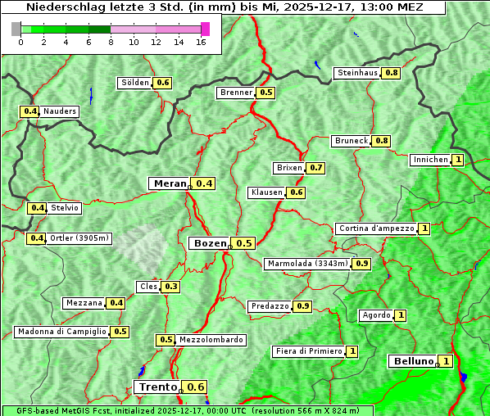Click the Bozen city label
(209, 243)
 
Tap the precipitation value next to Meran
(204, 183)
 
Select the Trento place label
(157, 387)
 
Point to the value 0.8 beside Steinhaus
(392, 73)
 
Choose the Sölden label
(135, 83)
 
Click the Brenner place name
(236, 93)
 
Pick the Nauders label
(59, 111)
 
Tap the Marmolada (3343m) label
(307, 264)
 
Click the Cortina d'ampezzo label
(376, 228)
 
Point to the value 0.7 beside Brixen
(316, 168)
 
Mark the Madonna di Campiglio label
(61, 332)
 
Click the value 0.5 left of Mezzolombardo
(166, 340)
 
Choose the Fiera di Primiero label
(308, 351)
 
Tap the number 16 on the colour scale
(202, 42)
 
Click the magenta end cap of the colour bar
(205, 29)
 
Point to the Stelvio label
(65, 208)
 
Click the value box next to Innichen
(457, 160)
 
